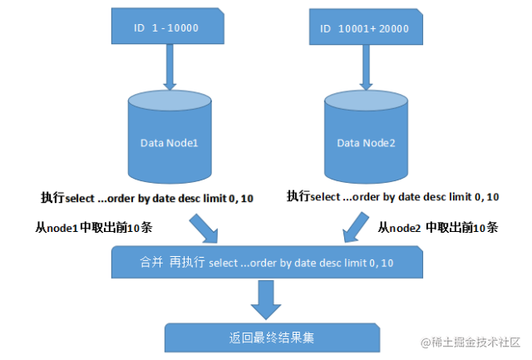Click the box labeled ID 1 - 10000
170,27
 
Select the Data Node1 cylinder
170,143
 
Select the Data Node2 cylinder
366,143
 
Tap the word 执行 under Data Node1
52,197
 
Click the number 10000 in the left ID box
183,28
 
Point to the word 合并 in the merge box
152,263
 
